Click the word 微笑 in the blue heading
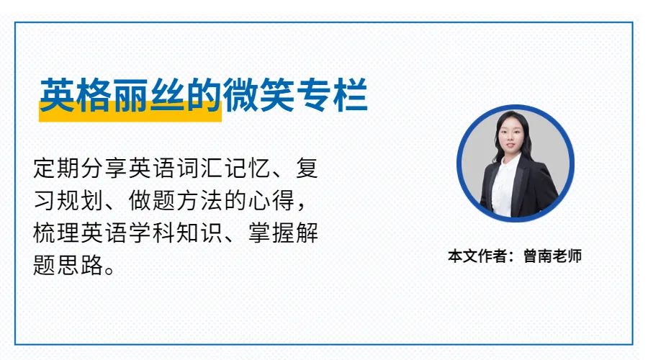point(258,95)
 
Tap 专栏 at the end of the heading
point(332,95)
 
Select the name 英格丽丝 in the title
point(112,95)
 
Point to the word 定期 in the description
point(57,168)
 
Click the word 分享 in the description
point(104,168)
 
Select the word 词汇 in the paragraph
point(200,168)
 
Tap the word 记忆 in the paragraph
point(248,168)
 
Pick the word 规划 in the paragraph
point(81,200)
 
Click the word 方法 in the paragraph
point(200,200)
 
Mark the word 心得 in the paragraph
point(272,200)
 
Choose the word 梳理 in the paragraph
point(57,233)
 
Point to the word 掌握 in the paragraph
point(272,233)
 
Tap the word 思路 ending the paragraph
point(81,265)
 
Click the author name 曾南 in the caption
point(538,256)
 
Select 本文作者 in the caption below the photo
point(477,256)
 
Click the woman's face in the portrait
point(510,136)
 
